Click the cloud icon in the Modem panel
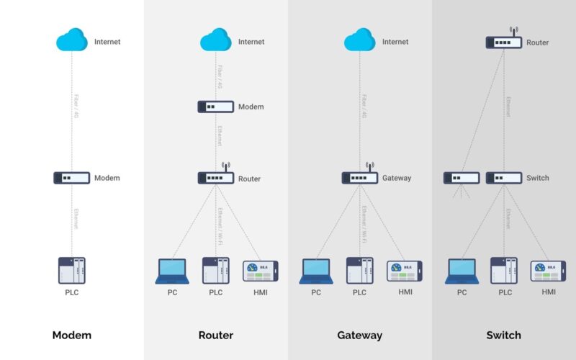click(72, 40)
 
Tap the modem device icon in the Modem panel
click(72, 178)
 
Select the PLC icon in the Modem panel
click(72, 271)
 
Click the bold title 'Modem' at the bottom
click(72, 335)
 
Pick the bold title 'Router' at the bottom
click(216, 335)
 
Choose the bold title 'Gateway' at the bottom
click(359, 335)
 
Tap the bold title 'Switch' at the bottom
click(503, 335)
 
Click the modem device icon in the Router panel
click(216, 107)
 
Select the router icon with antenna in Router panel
click(216, 177)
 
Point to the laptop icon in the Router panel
click(172, 271)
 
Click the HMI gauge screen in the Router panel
click(260, 271)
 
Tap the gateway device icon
click(360, 177)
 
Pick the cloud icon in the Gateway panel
click(360, 40)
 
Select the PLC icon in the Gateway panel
click(360, 271)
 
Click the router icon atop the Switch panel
click(504, 42)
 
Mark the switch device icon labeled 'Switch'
click(504, 178)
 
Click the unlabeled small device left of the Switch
click(462, 178)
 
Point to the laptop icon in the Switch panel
click(462, 271)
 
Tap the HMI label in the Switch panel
click(549, 292)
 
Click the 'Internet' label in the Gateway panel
click(395, 42)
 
